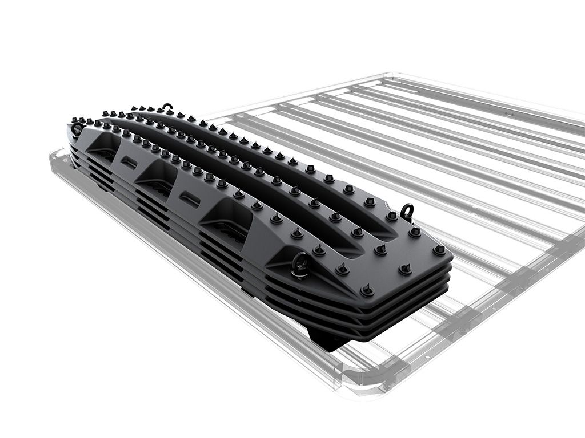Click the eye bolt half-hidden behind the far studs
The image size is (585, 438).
(166, 107)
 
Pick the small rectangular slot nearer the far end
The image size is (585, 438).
(129, 163)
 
